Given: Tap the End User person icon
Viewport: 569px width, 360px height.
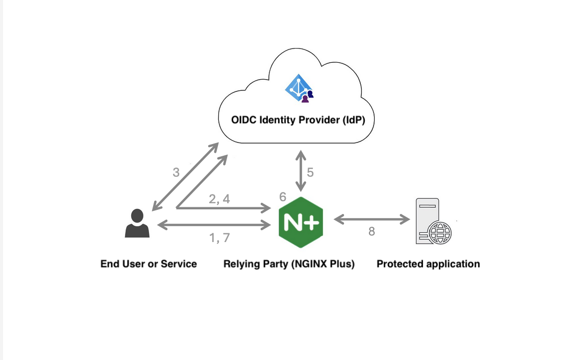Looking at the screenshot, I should click(137, 224).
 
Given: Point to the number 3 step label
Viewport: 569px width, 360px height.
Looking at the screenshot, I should click(176, 173).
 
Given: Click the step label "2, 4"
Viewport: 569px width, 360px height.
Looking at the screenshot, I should click(219, 199).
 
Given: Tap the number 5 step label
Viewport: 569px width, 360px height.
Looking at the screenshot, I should click(310, 173).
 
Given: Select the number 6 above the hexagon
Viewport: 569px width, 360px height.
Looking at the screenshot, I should click(283, 197).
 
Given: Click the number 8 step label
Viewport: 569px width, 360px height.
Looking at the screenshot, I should click(372, 231).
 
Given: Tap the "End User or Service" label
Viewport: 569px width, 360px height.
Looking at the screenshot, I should click(149, 264).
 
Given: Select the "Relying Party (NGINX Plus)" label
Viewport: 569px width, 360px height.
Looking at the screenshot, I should click(289, 264).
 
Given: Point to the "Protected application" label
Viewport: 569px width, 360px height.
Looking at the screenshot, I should click(428, 264).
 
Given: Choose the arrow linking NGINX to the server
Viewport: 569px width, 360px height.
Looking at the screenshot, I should click(372, 220).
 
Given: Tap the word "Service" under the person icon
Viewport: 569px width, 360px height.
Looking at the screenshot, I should click(179, 264).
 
